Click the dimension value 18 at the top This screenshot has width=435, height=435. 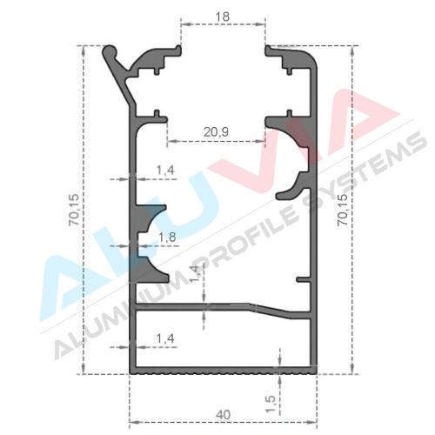point(223,17)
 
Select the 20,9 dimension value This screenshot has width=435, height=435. point(216,132)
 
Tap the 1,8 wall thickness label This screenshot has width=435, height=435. point(167,238)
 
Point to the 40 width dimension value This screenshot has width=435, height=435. point(224,415)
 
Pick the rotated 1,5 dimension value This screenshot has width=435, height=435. point(271,404)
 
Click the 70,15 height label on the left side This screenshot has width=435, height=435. point(73,210)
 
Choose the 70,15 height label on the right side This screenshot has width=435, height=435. point(343,210)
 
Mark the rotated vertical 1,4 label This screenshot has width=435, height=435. point(195,273)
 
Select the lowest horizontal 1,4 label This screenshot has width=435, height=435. point(165,338)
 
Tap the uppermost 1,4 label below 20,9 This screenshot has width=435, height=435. point(165,170)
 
